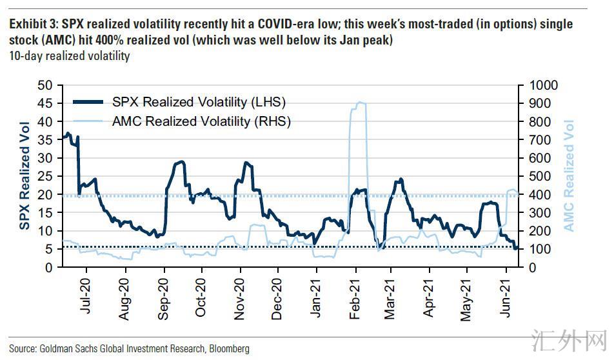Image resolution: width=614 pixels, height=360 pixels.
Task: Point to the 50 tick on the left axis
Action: [x=45, y=85]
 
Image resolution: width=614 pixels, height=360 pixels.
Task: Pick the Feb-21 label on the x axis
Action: [x=355, y=299]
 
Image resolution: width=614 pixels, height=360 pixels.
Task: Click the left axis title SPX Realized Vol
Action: [x=25, y=175]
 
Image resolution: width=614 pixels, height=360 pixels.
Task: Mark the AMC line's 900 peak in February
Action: [x=358, y=103]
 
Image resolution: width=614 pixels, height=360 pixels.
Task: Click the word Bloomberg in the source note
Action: [x=229, y=348]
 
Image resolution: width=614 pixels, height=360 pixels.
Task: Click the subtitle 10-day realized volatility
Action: [x=69, y=56]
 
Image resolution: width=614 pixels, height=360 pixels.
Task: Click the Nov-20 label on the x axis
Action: [x=240, y=299]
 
